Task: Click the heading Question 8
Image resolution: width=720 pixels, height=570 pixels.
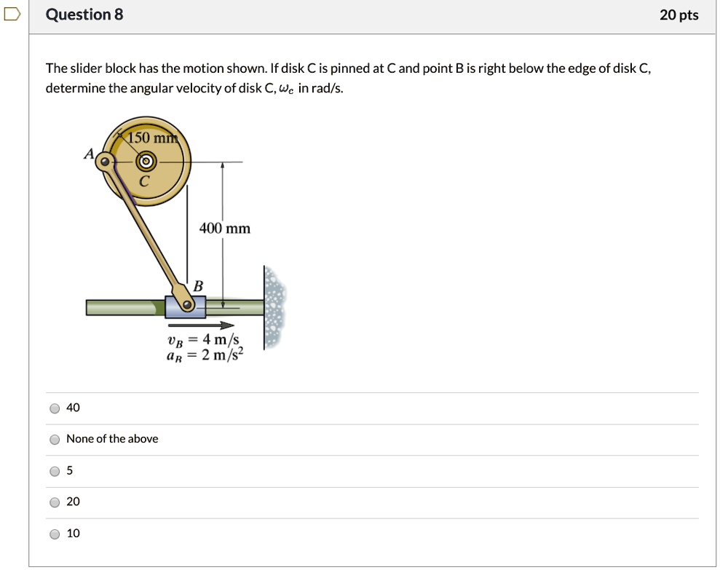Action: coord(84,15)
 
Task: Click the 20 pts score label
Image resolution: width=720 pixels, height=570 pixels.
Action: coord(679,15)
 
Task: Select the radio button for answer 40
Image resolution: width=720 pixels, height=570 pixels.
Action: coord(55,408)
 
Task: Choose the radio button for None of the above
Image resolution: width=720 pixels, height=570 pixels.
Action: coord(55,440)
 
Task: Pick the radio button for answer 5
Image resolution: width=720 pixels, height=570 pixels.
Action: coord(55,471)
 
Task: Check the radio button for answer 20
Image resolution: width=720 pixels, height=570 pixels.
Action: coord(55,502)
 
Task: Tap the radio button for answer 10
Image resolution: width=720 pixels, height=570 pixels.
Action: coord(55,534)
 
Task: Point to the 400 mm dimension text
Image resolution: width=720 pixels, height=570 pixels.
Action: coord(224,229)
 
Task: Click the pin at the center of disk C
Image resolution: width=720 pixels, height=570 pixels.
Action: coord(146,161)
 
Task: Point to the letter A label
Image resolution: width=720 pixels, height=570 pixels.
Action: coord(89,154)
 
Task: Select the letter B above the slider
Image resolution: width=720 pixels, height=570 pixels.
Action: coord(197,285)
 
